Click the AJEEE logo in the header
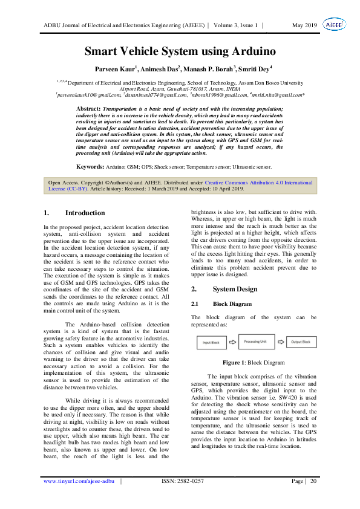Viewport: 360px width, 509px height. (x=334, y=25)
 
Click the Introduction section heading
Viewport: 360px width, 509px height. (x=85, y=213)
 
